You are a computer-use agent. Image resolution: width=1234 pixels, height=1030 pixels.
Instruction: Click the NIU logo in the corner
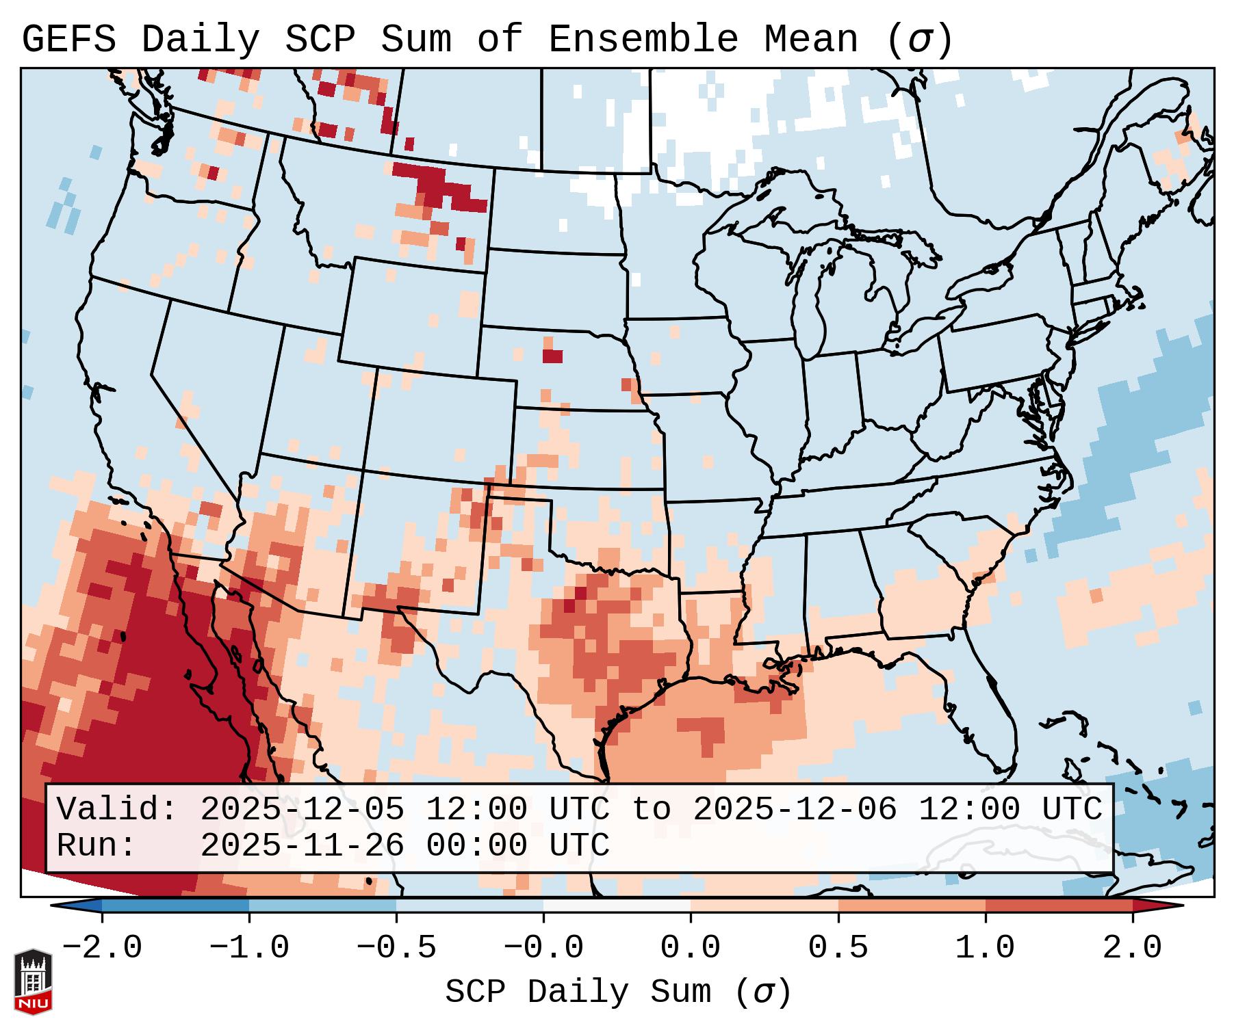point(33,981)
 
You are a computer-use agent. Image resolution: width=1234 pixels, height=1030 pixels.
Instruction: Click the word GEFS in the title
point(69,39)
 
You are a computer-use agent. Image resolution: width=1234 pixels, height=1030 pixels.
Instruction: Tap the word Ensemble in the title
point(643,39)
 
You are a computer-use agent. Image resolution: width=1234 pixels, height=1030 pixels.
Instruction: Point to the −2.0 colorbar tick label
point(102,948)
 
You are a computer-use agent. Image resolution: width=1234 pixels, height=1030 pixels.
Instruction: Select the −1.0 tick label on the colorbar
point(249,948)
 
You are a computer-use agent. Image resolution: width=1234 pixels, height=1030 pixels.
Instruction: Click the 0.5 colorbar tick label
point(838,948)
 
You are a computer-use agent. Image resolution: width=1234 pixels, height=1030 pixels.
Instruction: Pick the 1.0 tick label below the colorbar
point(986,948)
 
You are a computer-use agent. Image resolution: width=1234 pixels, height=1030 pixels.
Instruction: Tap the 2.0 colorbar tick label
point(1133,948)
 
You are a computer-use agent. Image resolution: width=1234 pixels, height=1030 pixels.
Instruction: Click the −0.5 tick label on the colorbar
point(396,948)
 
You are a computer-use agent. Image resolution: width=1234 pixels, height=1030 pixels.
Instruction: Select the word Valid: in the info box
point(117,809)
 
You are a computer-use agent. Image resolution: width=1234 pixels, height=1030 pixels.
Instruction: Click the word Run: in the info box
point(97,845)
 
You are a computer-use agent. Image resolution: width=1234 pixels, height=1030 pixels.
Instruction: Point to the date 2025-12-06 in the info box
point(795,809)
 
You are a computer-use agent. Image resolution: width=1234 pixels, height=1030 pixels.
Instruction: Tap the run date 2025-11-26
point(302,845)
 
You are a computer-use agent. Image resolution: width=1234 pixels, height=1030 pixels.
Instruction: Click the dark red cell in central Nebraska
point(552,356)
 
